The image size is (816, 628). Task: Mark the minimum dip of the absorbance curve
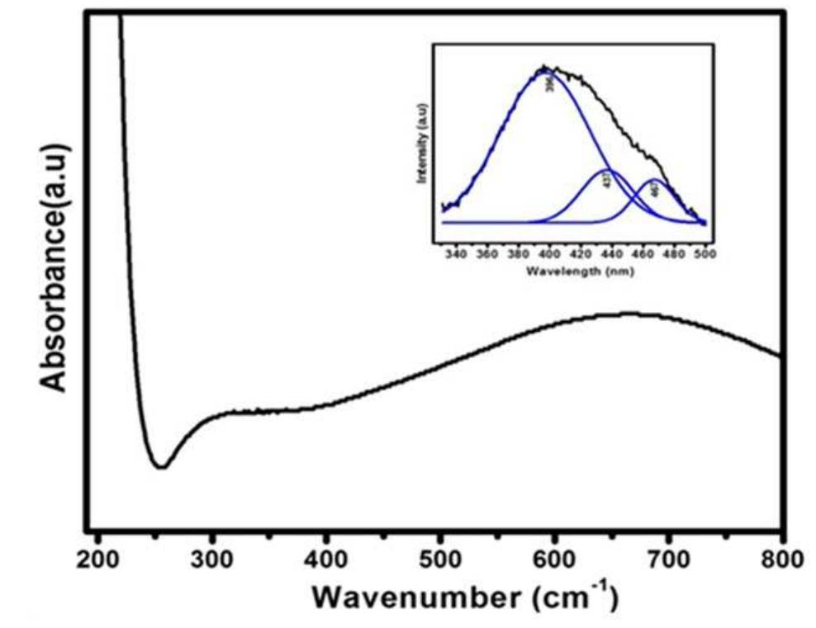(x=162, y=467)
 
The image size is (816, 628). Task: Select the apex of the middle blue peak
(x=609, y=170)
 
